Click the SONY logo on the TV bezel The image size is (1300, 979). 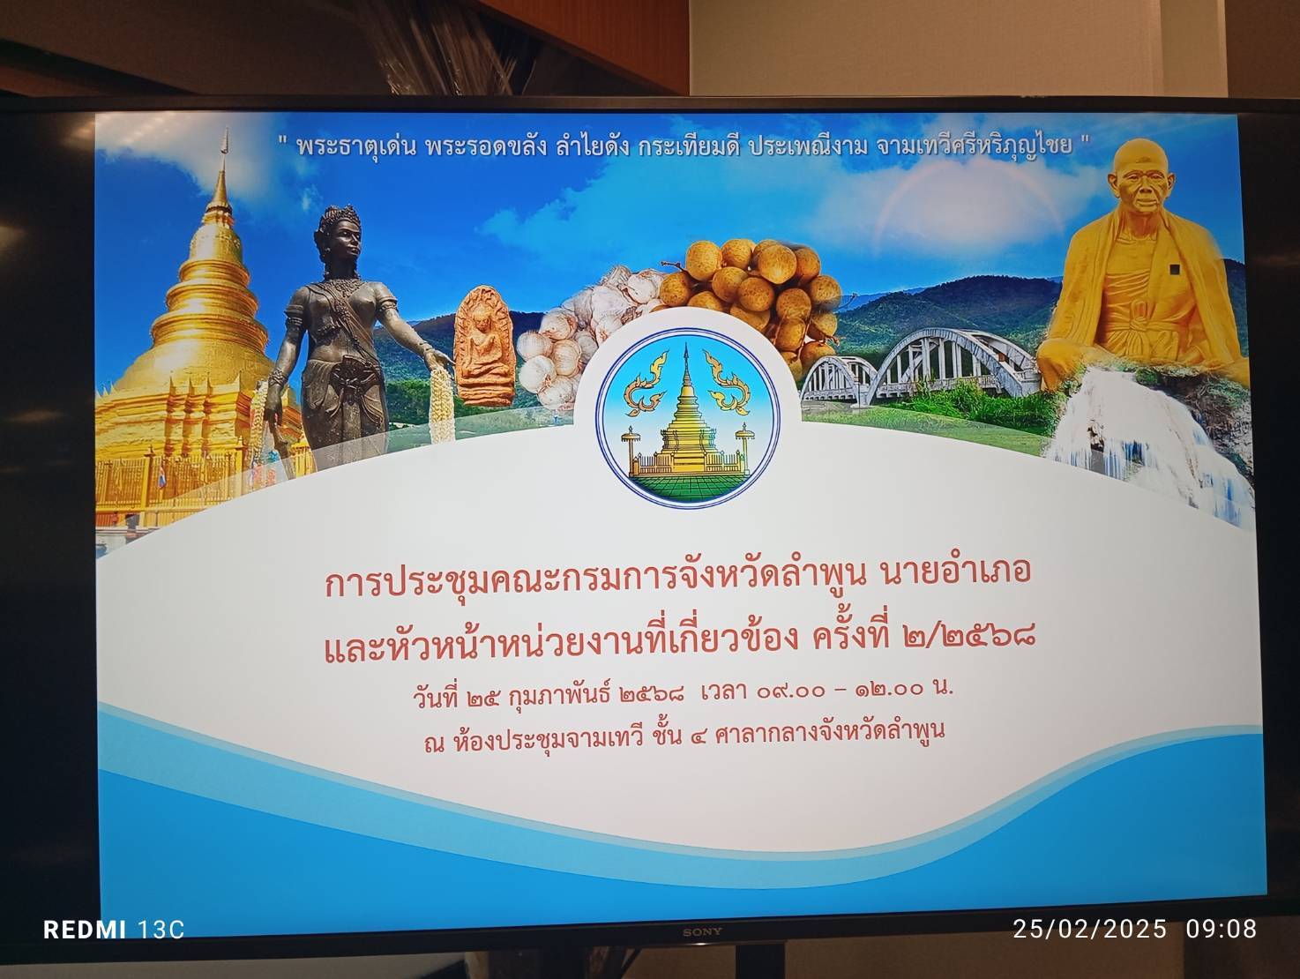pyautogui.click(x=702, y=931)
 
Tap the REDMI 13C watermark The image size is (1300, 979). pyautogui.click(x=114, y=930)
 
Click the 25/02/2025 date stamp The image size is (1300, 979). pyautogui.click(x=1090, y=929)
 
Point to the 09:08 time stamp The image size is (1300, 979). pyautogui.click(x=1222, y=929)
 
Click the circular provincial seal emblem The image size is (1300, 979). pyautogui.click(x=688, y=417)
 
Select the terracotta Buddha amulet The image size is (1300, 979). pyautogui.click(x=483, y=347)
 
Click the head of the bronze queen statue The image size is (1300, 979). pyautogui.click(x=339, y=233)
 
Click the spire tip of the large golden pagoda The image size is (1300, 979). pyautogui.click(x=225, y=131)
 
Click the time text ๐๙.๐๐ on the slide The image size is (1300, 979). pyautogui.click(x=790, y=690)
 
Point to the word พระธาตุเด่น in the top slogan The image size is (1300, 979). pyautogui.click(x=356, y=146)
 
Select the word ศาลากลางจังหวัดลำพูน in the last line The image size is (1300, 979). pyautogui.click(x=829, y=733)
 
